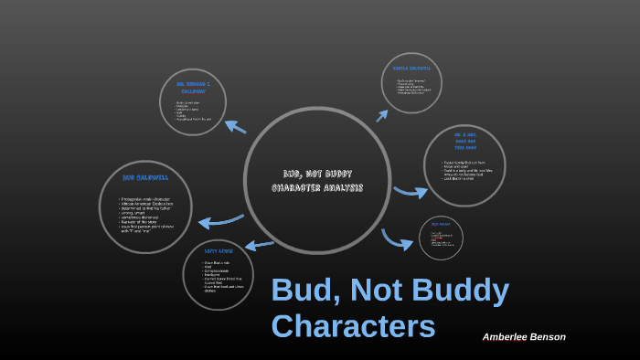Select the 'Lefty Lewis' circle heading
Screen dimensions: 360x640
click(218, 249)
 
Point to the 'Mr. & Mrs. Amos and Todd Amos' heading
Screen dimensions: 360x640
click(464, 141)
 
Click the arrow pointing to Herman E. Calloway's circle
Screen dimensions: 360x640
click(235, 127)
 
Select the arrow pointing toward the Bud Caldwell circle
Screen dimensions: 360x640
click(220, 221)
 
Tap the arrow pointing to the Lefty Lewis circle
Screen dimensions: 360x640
click(260, 244)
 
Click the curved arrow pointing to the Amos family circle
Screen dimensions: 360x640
click(411, 191)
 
